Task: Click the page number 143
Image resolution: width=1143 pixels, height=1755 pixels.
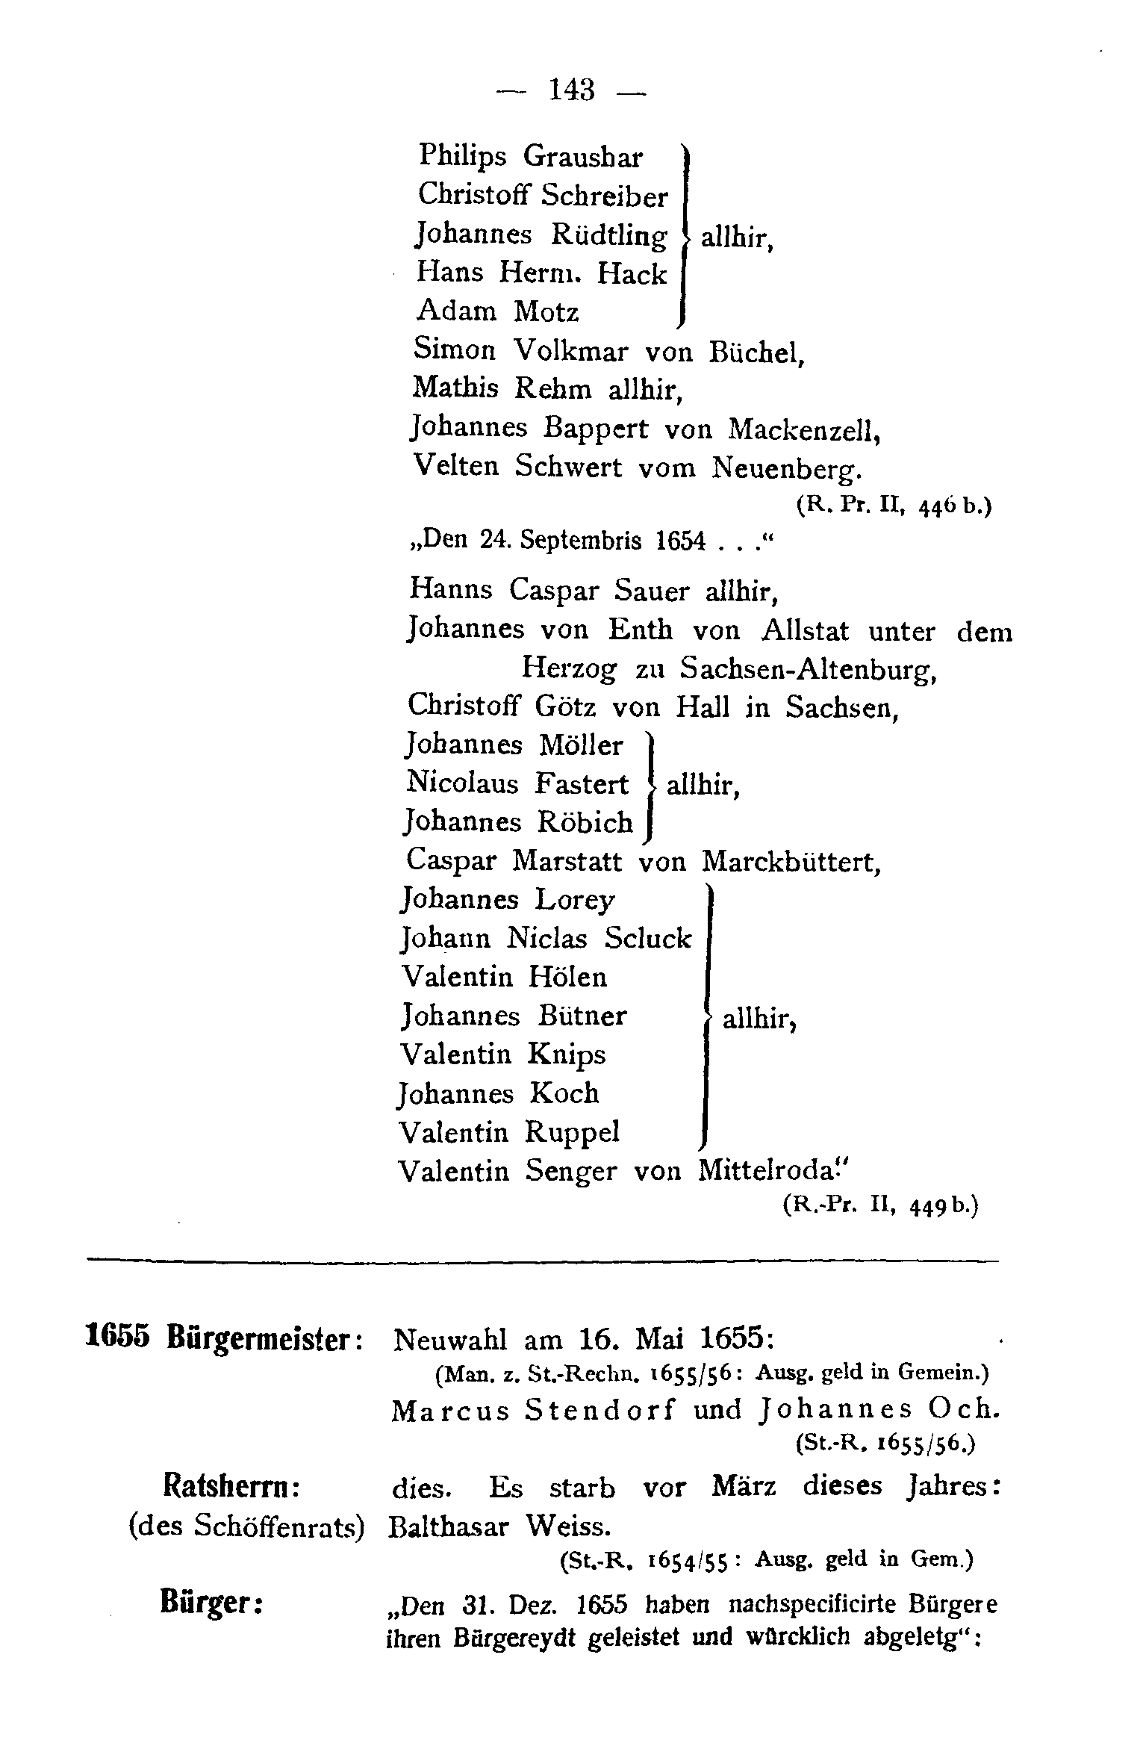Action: (572, 91)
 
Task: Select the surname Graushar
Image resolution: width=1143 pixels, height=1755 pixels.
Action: (582, 157)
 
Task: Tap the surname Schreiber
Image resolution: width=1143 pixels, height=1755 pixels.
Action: (604, 196)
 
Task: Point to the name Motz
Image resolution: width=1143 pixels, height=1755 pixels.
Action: (546, 311)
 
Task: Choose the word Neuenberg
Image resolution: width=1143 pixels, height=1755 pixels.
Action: (788, 468)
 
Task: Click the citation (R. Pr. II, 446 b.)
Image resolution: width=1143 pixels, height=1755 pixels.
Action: (894, 506)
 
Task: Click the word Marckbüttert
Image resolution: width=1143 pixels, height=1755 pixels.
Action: (792, 862)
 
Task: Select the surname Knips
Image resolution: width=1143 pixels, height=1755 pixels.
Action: (566, 1054)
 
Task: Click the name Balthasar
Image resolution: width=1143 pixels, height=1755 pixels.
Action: (447, 1526)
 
